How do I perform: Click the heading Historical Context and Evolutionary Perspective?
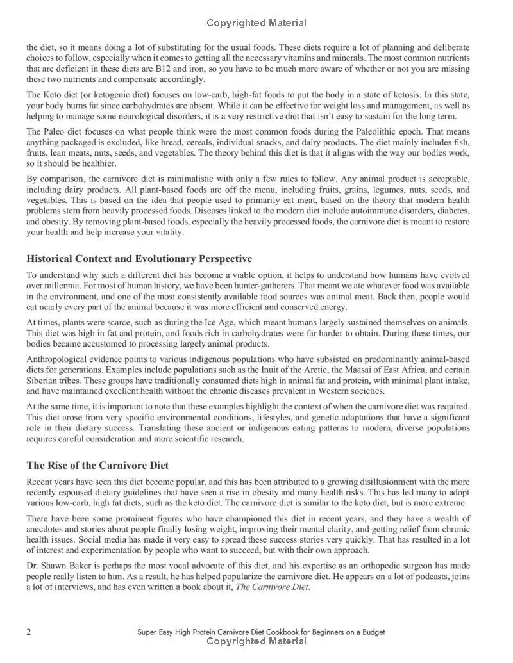(x=139, y=259)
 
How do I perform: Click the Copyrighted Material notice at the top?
(x=256, y=23)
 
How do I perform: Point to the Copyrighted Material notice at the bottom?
(x=256, y=641)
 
